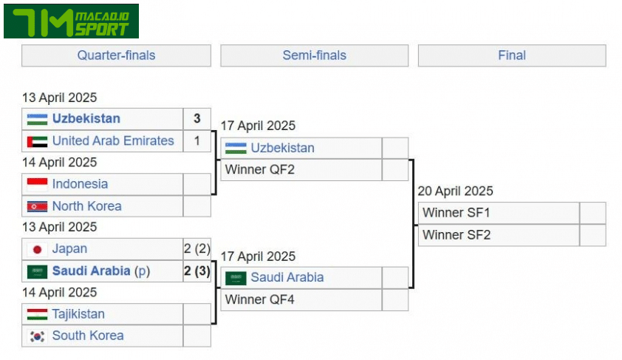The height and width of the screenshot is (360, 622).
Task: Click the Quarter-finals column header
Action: (x=116, y=55)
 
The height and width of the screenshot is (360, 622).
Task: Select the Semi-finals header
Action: (x=314, y=55)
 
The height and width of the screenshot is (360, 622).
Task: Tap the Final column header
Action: (x=511, y=55)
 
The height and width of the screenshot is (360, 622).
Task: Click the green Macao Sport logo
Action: (x=71, y=21)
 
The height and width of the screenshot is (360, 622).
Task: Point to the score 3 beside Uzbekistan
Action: (x=196, y=119)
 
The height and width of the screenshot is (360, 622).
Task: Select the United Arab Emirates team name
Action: (x=113, y=140)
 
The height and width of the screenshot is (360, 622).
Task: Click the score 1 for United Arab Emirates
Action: (x=196, y=140)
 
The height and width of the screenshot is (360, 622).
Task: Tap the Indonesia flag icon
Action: (x=37, y=184)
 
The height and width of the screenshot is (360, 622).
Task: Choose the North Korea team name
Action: (x=86, y=206)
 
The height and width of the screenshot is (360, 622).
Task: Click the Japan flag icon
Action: (x=37, y=249)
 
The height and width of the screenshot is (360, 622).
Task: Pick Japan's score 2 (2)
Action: (x=196, y=249)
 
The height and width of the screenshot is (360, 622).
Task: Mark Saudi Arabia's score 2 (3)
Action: (x=196, y=271)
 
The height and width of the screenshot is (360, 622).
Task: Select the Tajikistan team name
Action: (x=78, y=314)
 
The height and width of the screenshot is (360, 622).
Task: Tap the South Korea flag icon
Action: (x=37, y=336)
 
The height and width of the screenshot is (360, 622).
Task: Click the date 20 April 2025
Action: (x=455, y=191)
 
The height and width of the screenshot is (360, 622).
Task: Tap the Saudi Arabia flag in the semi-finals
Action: (x=236, y=278)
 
